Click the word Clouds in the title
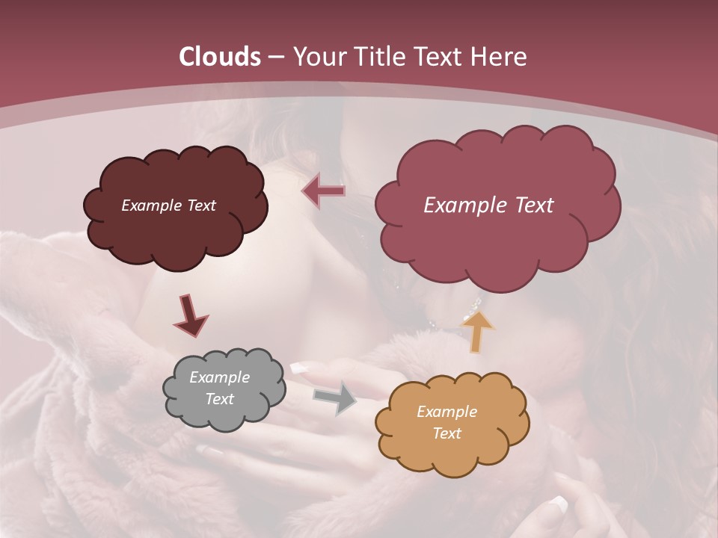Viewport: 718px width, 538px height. tap(220, 57)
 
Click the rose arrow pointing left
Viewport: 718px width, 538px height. tap(323, 191)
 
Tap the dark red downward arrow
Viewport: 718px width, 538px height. tap(190, 315)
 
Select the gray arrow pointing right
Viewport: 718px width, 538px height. tap(335, 396)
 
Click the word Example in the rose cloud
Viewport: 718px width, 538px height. tap(459, 205)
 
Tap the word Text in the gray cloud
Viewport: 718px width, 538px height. tap(219, 399)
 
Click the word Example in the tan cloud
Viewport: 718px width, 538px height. tap(447, 412)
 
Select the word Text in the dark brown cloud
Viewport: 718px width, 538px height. tap(200, 205)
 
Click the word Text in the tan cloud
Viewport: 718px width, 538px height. tap(447, 433)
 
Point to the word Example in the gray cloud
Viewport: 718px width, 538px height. tap(219, 377)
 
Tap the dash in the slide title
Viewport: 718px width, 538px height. tap(275, 58)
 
